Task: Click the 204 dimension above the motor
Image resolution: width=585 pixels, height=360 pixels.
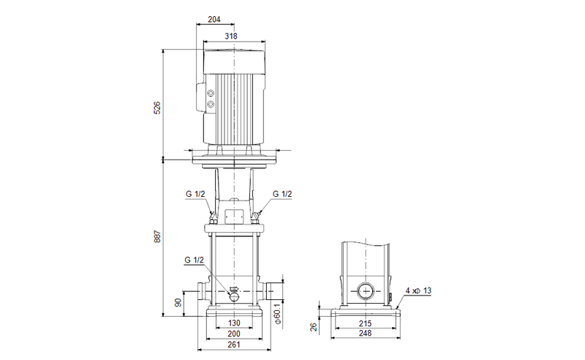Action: [214, 20]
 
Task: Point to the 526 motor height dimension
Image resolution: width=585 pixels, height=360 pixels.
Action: [156, 108]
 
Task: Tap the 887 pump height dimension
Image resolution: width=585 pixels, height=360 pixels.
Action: [156, 238]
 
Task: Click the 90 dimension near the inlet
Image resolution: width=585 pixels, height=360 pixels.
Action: [178, 303]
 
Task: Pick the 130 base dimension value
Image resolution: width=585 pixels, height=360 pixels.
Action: [233, 323]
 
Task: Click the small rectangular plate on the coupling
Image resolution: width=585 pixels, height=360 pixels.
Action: [233, 217]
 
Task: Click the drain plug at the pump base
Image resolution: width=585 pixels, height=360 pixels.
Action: [233, 295]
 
